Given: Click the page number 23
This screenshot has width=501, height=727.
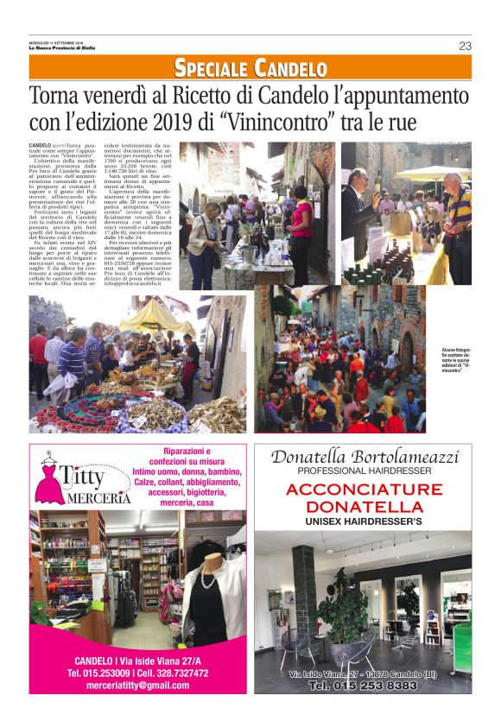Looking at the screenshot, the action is (x=466, y=46).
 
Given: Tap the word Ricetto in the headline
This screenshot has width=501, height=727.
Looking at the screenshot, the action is (x=206, y=95).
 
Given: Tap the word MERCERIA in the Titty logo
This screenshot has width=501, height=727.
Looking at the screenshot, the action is (x=89, y=500).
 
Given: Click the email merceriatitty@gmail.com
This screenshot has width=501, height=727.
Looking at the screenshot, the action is (x=138, y=685).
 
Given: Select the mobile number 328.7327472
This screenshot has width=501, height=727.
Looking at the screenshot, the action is (x=176, y=673).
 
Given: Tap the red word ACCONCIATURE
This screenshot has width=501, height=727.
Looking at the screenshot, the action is (x=363, y=490).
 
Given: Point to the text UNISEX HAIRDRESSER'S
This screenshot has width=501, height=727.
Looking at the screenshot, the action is (x=363, y=522).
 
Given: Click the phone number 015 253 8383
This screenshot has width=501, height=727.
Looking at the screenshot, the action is (x=363, y=685).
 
